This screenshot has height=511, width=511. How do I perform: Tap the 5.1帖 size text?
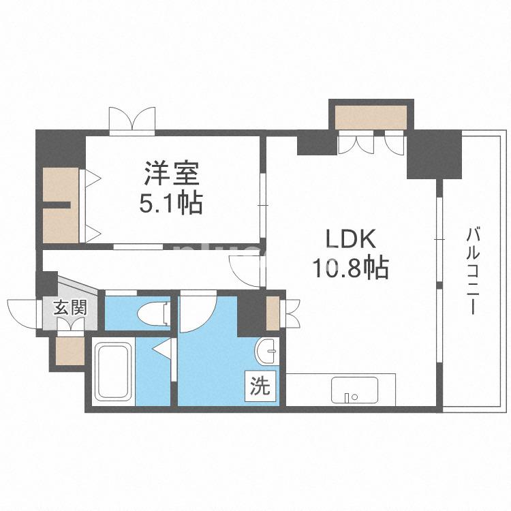pyautogui.click(x=172, y=203)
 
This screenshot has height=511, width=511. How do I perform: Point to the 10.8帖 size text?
pyautogui.click(x=350, y=268)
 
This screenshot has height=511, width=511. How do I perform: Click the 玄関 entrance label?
pyautogui.click(x=70, y=307)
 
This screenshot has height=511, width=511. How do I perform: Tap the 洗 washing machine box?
pyautogui.click(x=261, y=387)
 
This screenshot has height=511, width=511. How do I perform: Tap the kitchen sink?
pyautogui.click(x=354, y=390)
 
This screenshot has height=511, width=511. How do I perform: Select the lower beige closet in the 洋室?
pyautogui.click(x=60, y=225)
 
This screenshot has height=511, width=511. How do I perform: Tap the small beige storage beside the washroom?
pyautogui.click(x=273, y=313)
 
